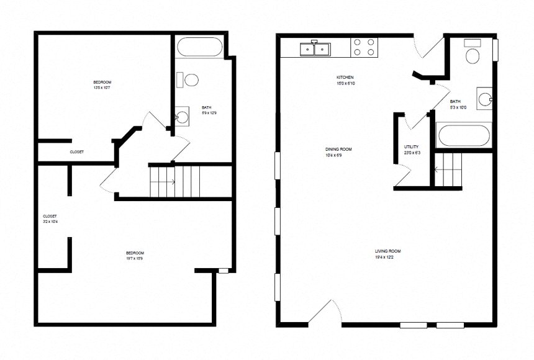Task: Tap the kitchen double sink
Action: tap(315, 48)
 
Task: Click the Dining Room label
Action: tap(338, 150)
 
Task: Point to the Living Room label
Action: tap(386, 251)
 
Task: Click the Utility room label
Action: tap(411, 146)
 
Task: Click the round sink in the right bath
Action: tap(485, 98)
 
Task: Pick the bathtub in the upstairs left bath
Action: tap(199, 48)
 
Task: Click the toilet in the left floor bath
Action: tap(189, 79)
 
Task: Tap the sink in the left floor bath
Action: tap(182, 117)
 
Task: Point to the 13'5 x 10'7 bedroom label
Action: tap(102, 86)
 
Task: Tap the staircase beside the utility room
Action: tap(448, 169)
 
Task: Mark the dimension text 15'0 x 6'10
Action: tap(346, 83)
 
